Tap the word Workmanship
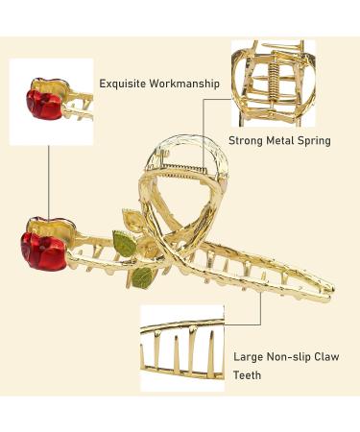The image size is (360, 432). [x=187, y=84]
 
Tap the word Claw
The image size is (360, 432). [x=330, y=356]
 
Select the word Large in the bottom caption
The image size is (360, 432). [x=251, y=356]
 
